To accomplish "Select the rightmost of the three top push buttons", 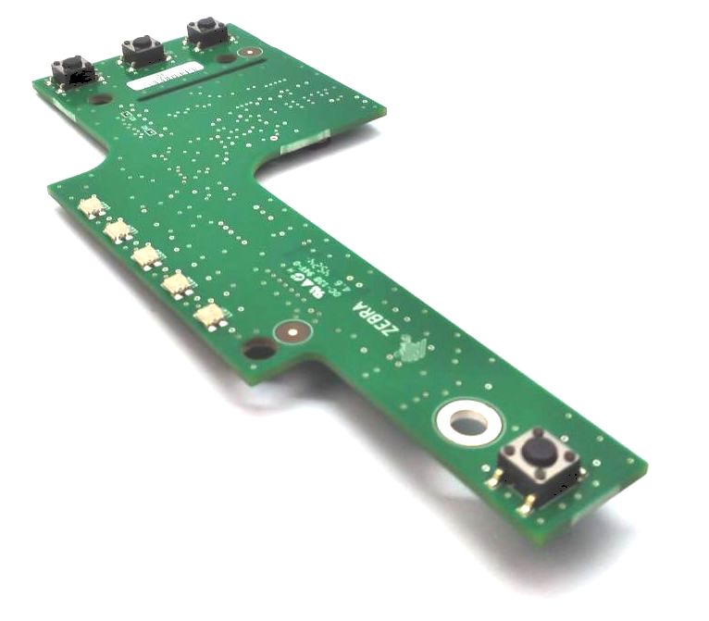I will coord(206,32).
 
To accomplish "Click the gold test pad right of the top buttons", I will coord(245,52).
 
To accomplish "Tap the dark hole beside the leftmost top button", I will coord(100,98).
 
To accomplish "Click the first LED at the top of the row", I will coord(92,207).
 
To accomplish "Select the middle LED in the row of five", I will coord(146,257).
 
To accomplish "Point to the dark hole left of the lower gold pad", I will coord(260,349).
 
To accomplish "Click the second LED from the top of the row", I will coord(118,231).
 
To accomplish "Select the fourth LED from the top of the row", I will coord(176,285).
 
